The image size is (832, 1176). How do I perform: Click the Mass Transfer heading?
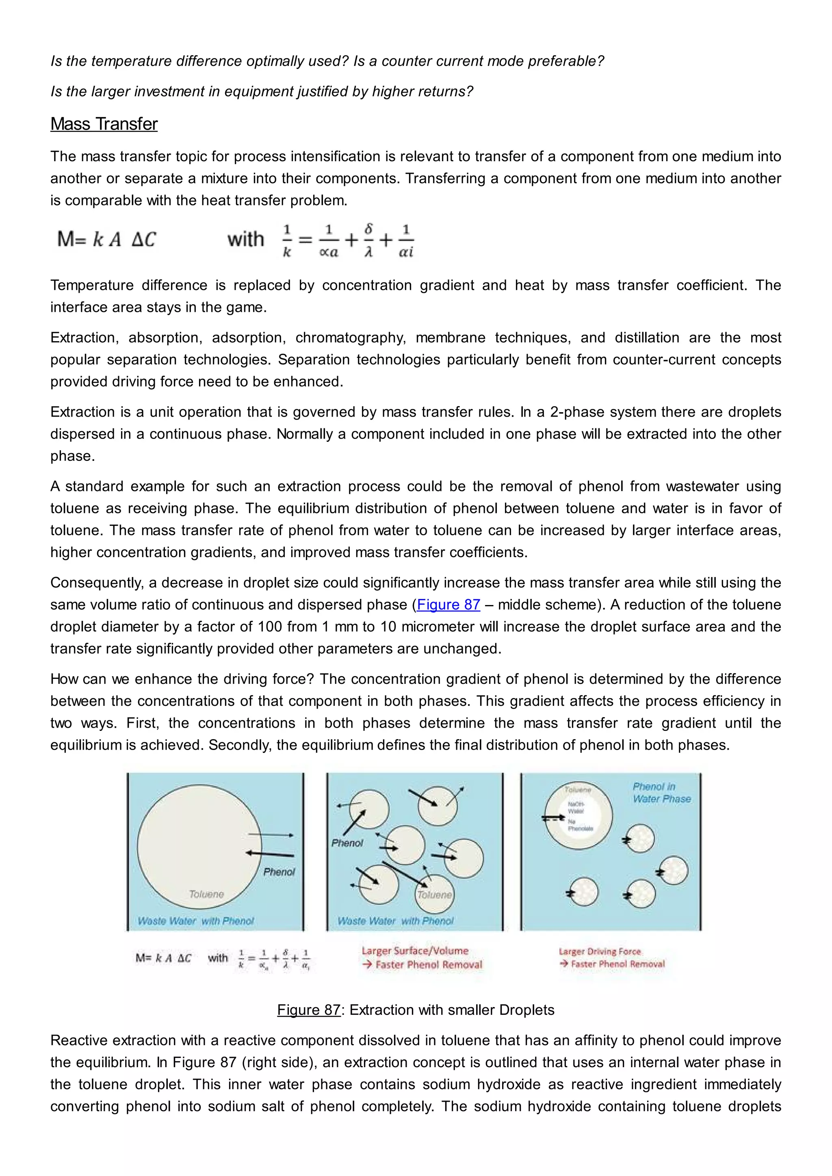click(x=104, y=124)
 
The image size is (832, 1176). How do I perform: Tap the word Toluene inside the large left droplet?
click(x=206, y=894)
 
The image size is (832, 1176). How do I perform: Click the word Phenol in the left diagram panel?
click(x=279, y=872)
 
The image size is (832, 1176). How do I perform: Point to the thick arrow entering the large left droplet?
click(x=270, y=854)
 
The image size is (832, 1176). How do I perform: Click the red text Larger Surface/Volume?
click(x=415, y=951)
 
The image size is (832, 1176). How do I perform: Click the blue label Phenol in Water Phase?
click(x=661, y=792)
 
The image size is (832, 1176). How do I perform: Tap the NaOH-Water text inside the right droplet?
click(x=576, y=807)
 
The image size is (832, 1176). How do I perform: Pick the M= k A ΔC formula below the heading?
click(x=106, y=239)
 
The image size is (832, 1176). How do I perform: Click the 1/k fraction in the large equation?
click(x=287, y=240)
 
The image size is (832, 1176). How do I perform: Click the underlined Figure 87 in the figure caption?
click(x=308, y=1010)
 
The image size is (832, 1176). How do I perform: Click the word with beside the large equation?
click(x=245, y=239)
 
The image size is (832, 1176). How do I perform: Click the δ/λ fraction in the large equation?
click(x=368, y=240)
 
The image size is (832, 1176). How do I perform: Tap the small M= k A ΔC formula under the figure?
click(x=163, y=958)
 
